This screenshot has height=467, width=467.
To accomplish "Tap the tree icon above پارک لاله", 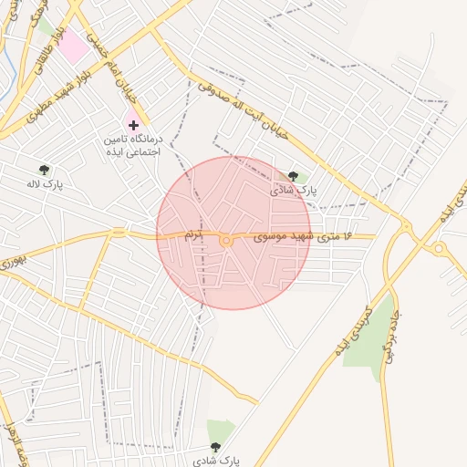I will click(44, 170).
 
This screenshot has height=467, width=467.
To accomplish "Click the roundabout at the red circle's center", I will click(226, 240).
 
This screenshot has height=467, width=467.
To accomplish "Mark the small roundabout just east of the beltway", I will click(439, 248).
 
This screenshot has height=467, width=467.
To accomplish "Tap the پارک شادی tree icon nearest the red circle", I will click(293, 176).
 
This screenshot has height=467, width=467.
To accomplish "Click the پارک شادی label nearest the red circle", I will click(293, 192).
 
